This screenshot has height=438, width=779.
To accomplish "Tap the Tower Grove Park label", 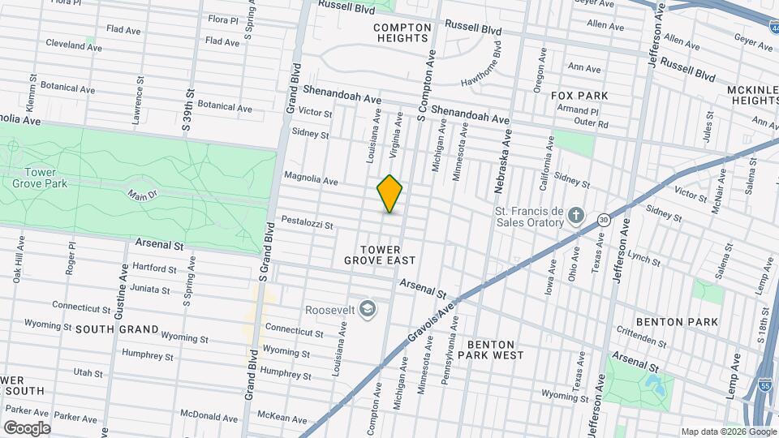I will click(32, 176).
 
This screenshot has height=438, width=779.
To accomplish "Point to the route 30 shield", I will click(604, 219).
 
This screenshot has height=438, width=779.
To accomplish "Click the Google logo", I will click(27, 427).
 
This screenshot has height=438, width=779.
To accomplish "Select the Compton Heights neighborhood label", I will click(402, 32).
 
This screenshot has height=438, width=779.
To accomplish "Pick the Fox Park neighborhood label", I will click(579, 96).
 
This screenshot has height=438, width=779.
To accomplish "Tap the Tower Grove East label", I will click(380, 254).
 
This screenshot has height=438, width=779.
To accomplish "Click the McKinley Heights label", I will click(754, 94).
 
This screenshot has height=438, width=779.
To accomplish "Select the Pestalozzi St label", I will click(308, 221).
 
